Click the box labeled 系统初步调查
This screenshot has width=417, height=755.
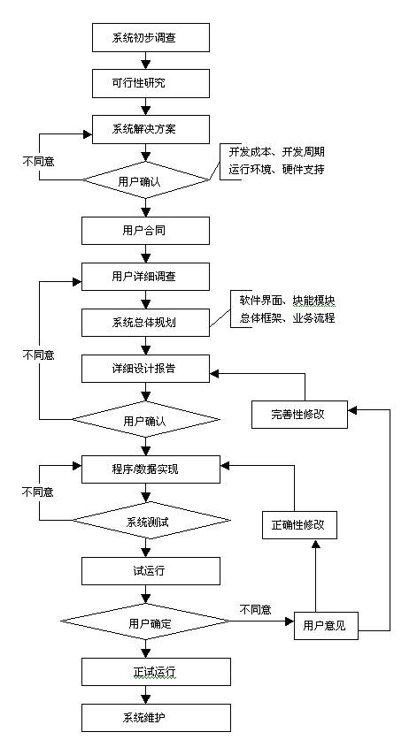(151, 37)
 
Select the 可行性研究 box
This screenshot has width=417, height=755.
(151, 83)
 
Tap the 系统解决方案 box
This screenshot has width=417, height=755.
(151, 129)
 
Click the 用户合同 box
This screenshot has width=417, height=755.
(145, 230)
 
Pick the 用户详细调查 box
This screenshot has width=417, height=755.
(145, 277)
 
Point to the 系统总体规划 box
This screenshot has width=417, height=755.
(145, 323)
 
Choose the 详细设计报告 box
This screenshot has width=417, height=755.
(145, 369)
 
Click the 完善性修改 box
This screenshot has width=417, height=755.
(299, 414)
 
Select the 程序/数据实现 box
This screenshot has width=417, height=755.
(151, 469)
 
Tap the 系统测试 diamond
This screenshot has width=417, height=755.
(151, 521)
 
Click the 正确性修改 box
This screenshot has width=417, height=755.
(299, 524)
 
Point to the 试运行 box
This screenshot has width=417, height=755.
(151, 571)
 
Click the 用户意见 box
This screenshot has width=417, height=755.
(326, 625)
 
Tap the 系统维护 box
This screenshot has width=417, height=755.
(156, 718)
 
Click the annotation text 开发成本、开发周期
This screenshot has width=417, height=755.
(277, 152)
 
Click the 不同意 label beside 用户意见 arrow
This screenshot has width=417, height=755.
(256, 610)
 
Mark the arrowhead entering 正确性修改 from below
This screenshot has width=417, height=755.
(315, 544)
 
